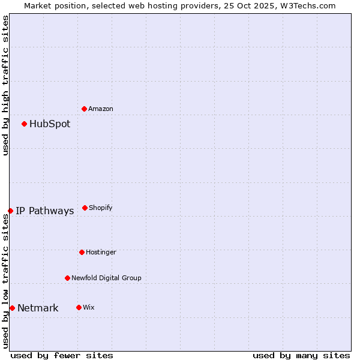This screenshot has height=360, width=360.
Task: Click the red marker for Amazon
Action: (84, 109)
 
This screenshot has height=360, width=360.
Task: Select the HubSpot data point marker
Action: (24, 124)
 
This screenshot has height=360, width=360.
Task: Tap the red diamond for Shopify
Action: (85, 208)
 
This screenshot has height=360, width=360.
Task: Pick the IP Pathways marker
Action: (10, 211)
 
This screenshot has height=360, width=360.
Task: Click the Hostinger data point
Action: (82, 252)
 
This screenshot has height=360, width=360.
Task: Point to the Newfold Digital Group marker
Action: (67, 278)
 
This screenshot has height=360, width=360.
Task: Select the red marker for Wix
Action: (79, 307)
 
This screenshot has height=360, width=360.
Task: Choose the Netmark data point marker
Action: (12, 308)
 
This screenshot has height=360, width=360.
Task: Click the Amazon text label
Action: (101, 109)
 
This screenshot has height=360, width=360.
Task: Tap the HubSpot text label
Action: (50, 124)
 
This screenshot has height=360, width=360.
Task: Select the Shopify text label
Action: (101, 208)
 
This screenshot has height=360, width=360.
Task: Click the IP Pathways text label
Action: (45, 211)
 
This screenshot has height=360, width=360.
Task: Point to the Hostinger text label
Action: (101, 252)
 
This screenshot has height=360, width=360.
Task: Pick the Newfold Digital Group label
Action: (106, 278)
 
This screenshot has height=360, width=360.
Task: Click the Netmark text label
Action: (38, 308)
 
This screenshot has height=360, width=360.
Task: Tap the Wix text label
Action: (89, 307)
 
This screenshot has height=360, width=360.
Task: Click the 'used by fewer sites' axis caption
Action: (62, 355)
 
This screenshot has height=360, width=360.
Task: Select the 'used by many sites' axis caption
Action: (301, 355)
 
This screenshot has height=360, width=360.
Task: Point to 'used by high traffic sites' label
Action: (5, 85)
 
